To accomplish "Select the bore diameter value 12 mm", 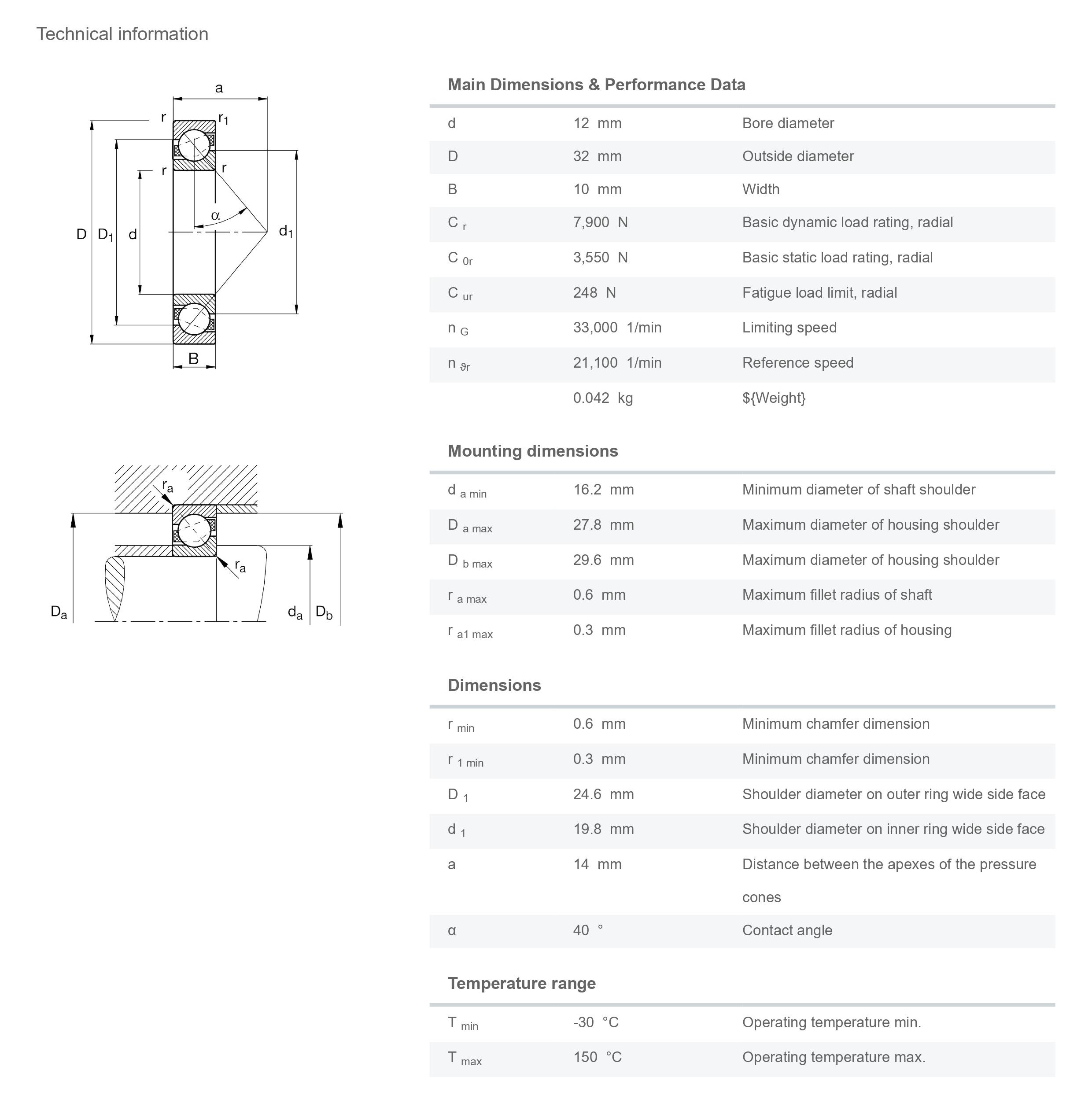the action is coord(597,123).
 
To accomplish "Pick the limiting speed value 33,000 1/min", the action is coord(617,327).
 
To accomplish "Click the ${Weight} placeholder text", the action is coord(774,398).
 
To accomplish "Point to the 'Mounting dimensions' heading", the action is coord(533,451).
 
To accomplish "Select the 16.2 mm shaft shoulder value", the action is coord(603,489).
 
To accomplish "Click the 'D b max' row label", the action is coord(470,561).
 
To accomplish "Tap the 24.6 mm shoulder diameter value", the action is coord(603,794).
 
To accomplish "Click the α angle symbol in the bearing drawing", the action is coord(215,215).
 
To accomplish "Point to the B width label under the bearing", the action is coord(193,358).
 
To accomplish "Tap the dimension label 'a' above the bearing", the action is coord(219,88).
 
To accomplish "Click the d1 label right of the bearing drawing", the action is coord(285,231).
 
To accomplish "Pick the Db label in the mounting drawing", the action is coord(324,612).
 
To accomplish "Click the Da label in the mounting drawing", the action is coord(59,612).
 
